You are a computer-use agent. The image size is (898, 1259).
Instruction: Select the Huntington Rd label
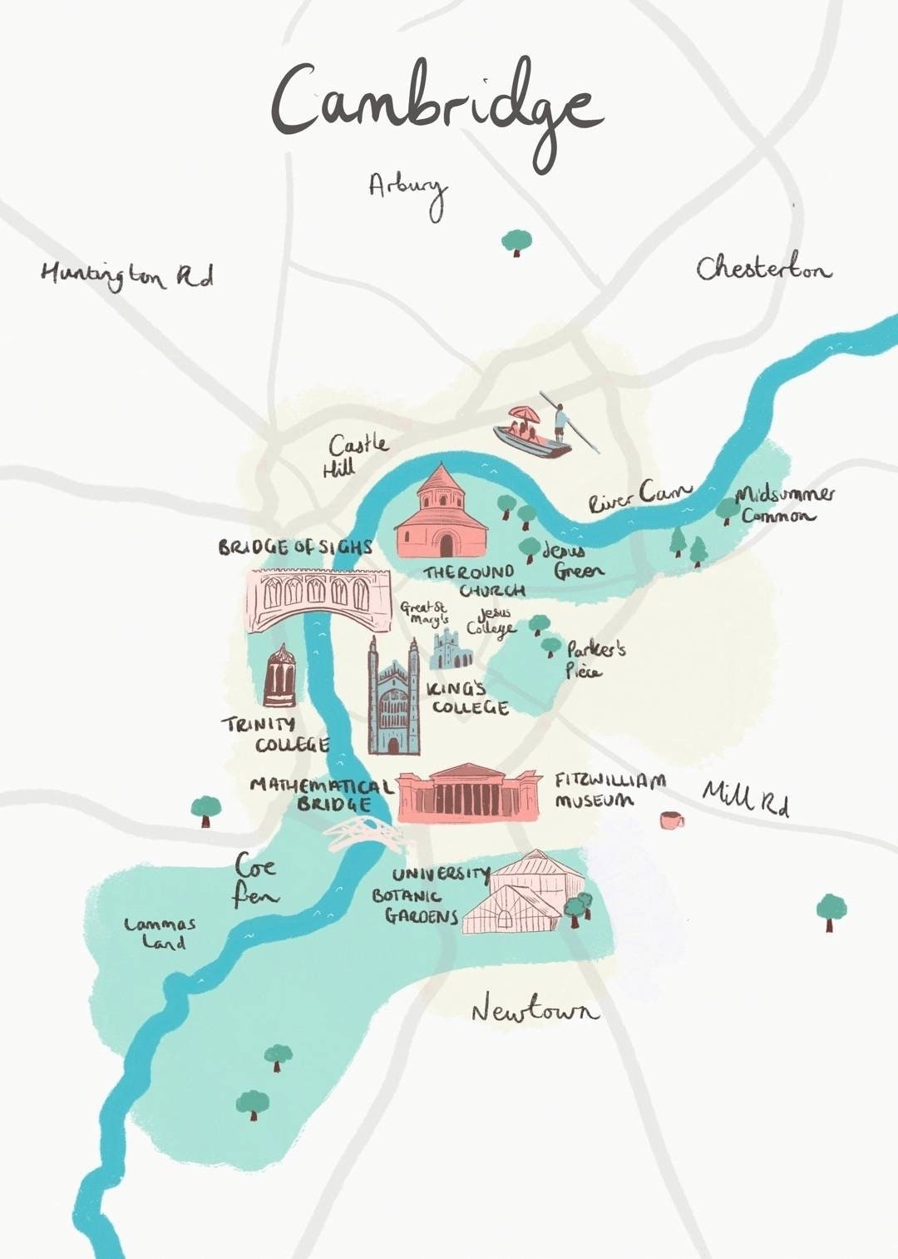click(x=126, y=275)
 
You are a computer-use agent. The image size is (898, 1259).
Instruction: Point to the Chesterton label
click(x=763, y=268)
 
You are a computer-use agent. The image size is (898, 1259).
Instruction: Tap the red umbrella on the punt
click(x=525, y=414)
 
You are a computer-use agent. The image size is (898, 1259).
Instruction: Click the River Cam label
click(x=639, y=497)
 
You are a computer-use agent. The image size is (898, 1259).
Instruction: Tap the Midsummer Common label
click(x=783, y=504)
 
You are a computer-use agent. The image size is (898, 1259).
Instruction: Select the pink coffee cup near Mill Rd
click(x=670, y=820)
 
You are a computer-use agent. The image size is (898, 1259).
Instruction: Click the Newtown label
click(x=535, y=1009)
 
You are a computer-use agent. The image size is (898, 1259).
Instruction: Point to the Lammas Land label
click(x=160, y=933)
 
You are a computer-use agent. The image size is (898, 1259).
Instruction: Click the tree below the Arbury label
click(x=516, y=242)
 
